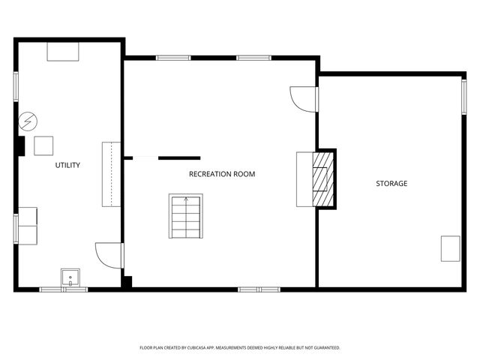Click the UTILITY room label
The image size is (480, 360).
point(67,165)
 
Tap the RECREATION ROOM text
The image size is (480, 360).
point(221,174)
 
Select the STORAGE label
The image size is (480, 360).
point(391,183)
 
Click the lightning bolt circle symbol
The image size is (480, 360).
point(28,120)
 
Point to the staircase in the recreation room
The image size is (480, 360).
point(185,216)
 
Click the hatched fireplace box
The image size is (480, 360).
point(323,178)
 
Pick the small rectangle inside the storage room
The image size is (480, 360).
point(450,248)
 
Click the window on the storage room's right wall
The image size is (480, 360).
point(463,97)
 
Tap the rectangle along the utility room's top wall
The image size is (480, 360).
point(63,51)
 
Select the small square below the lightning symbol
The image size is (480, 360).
point(43,145)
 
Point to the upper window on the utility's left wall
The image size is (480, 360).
point(15,85)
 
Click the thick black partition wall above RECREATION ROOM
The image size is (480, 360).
point(179,158)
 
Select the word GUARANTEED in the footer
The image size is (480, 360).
point(324,348)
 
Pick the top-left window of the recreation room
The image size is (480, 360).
point(173,57)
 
